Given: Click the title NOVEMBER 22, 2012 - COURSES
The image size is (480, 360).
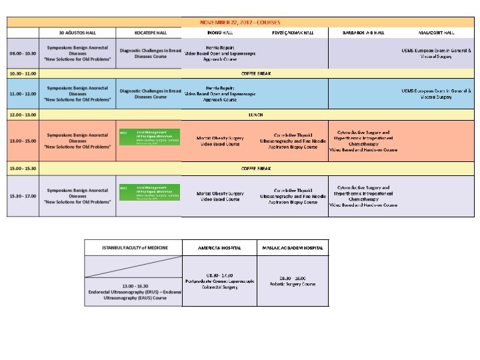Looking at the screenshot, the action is [240, 22].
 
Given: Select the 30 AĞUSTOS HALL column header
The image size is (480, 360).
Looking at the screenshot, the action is [77, 32].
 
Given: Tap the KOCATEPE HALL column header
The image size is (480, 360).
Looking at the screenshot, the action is [150, 32].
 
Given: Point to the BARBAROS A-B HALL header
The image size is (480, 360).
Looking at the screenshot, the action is [363, 32].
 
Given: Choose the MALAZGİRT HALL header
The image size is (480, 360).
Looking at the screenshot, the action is [436, 32].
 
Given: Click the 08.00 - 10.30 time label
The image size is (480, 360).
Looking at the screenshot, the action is [23, 53].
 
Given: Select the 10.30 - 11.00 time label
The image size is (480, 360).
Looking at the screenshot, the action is [23, 73].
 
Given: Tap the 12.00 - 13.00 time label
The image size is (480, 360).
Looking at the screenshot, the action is [23, 115].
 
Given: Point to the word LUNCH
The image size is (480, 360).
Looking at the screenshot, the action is [256, 115].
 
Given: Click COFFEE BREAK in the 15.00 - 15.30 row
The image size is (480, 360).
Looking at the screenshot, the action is [256, 168].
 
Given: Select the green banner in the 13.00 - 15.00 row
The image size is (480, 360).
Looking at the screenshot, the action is [149, 137].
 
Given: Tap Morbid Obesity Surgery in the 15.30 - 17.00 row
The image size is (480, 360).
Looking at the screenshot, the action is [220, 196].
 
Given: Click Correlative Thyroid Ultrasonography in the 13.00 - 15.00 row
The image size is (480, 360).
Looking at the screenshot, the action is [293, 136].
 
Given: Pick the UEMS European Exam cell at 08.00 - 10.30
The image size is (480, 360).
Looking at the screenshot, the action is [436, 53].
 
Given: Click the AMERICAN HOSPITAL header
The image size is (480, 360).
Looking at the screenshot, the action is [219, 247].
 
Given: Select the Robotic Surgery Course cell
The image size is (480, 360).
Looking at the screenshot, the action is [293, 281].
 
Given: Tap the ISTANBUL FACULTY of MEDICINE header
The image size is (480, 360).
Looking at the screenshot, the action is [133, 247].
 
